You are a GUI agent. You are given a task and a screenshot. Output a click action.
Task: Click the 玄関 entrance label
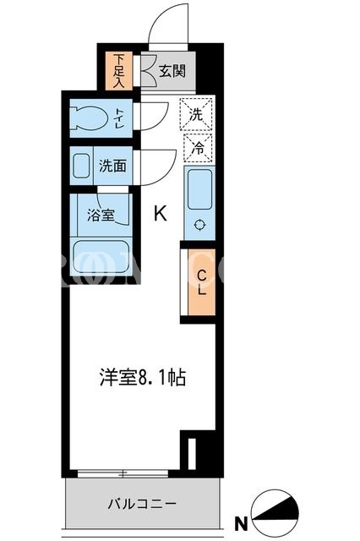172,71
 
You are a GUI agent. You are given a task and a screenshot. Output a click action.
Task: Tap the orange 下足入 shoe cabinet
118,71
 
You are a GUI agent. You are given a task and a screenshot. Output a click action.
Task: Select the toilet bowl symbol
89,118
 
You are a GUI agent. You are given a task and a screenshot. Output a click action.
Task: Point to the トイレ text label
120,118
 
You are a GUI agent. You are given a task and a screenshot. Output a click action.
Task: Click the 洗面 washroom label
112,166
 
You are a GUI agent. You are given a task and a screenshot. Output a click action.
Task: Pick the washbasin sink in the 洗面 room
81,166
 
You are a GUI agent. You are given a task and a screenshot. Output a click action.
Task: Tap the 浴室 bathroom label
101,216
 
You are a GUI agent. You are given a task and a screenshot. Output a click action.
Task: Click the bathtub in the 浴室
101,257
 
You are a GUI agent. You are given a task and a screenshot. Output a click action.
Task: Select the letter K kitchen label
161,213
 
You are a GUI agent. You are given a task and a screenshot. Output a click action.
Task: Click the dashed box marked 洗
196,114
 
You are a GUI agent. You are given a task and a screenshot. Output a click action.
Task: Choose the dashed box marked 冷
198,148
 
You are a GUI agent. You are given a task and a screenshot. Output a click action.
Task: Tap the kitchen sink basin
199,189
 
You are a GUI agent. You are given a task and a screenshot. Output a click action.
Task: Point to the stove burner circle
200,225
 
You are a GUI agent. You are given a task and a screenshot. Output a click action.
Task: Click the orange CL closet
201,281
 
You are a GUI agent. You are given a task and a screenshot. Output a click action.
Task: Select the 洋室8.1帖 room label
143,377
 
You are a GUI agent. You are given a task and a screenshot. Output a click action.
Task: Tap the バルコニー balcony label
142,504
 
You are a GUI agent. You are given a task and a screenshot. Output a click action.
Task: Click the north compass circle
275,513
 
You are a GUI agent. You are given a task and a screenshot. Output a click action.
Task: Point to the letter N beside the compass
241,524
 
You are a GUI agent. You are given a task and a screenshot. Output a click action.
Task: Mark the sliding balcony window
123,473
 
